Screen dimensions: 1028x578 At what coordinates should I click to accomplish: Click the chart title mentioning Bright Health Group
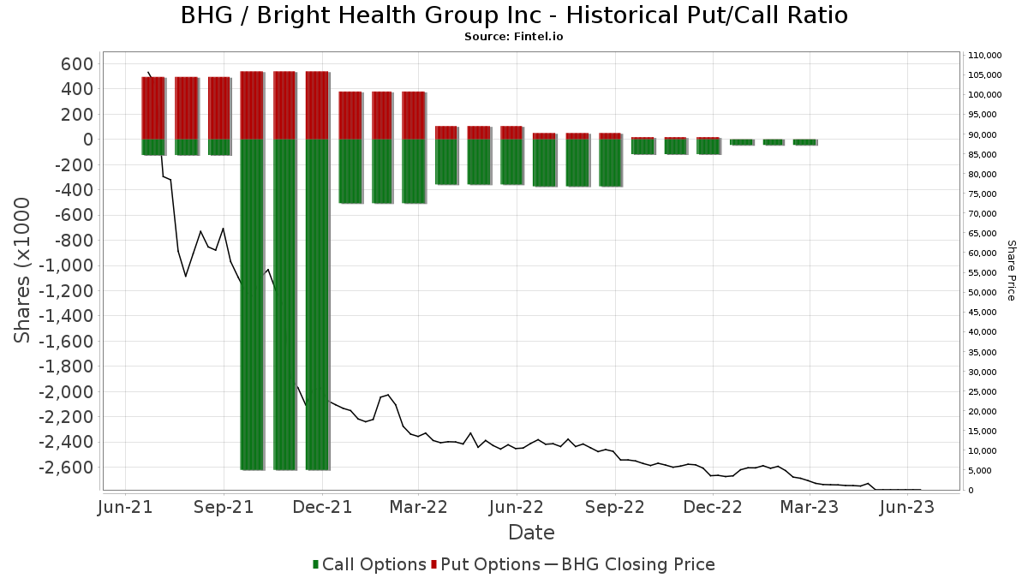click(x=514, y=15)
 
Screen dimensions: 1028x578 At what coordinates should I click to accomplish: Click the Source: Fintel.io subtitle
click(x=513, y=37)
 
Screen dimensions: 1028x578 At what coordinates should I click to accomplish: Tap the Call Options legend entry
click(x=369, y=564)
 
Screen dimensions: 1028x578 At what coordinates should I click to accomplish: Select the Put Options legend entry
click(x=486, y=564)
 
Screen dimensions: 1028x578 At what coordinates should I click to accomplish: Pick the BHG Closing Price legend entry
click(x=630, y=564)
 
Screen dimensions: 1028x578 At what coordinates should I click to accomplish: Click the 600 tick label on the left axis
click(x=76, y=63)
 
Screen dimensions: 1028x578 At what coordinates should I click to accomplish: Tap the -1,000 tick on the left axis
click(x=66, y=265)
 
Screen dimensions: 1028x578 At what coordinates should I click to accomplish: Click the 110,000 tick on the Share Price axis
click(x=985, y=56)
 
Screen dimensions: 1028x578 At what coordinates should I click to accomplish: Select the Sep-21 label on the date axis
click(x=224, y=507)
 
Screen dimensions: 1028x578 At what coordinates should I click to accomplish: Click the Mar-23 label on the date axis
click(x=810, y=507)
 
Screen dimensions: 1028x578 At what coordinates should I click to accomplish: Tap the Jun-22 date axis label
click(x=517, y=507)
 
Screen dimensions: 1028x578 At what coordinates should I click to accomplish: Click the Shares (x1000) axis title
click(x=21, y=271)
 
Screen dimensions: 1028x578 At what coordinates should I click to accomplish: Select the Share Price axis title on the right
click(x=1011, y=271)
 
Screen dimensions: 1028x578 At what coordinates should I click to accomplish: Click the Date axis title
click(x=531, y=533)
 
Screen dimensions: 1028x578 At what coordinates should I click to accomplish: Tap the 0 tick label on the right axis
click(x=971, y=491)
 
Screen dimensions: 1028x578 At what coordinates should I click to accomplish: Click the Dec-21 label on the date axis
click(x=322, y=507)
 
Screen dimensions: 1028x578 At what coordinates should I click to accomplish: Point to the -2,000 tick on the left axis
click(x=66, y=392)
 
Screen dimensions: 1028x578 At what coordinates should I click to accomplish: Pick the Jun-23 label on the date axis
click(x=907, y=507)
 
